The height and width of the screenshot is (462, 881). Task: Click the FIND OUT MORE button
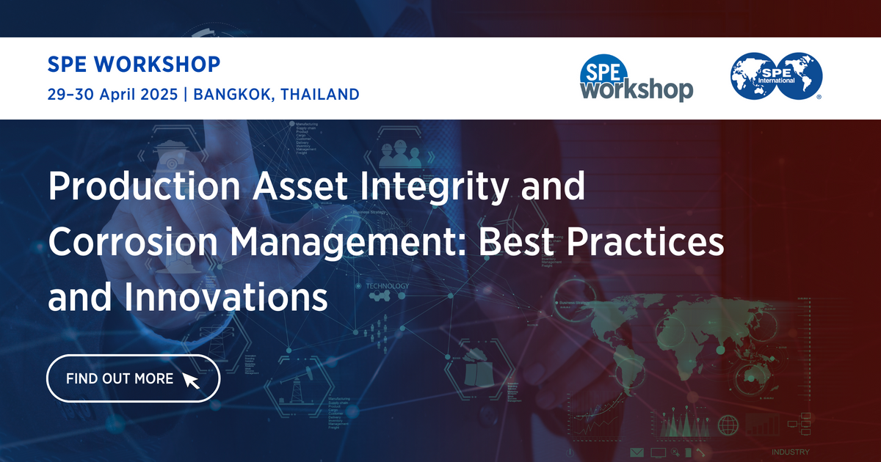133,379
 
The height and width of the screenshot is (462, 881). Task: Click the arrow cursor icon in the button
190,380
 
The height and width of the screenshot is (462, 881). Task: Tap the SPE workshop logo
636,78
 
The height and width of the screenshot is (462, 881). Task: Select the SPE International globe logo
776,76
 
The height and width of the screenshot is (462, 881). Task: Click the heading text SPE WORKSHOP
133,65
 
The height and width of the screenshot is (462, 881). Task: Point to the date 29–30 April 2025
110,94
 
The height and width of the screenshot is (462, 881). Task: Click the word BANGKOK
228,94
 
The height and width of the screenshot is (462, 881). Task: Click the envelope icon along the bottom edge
636,452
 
